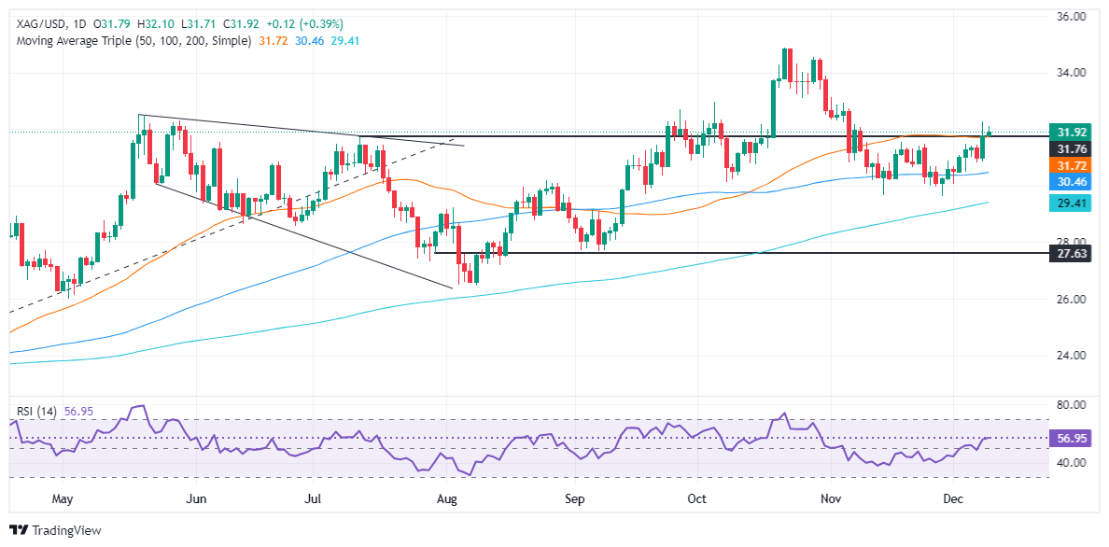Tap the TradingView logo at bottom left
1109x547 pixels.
[54, 530]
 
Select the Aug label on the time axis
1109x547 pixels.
[447, 499]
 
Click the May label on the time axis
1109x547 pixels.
[63, 499]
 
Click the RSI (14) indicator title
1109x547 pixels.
[35, 411]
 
